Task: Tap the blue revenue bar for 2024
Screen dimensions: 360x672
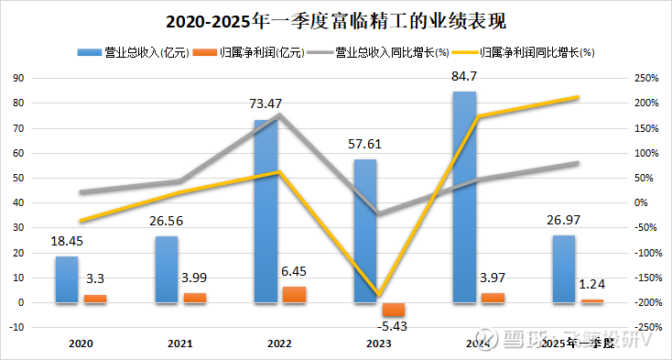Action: pyautogui.click(x=465, y=197)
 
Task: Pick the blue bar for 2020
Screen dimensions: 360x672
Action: pyautogui.click(x=66, y=279)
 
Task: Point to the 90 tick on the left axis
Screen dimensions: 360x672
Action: pyautogui.click(x=16, y=78)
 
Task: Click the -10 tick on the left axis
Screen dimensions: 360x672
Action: pyautogui.click(x=15, y=327)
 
